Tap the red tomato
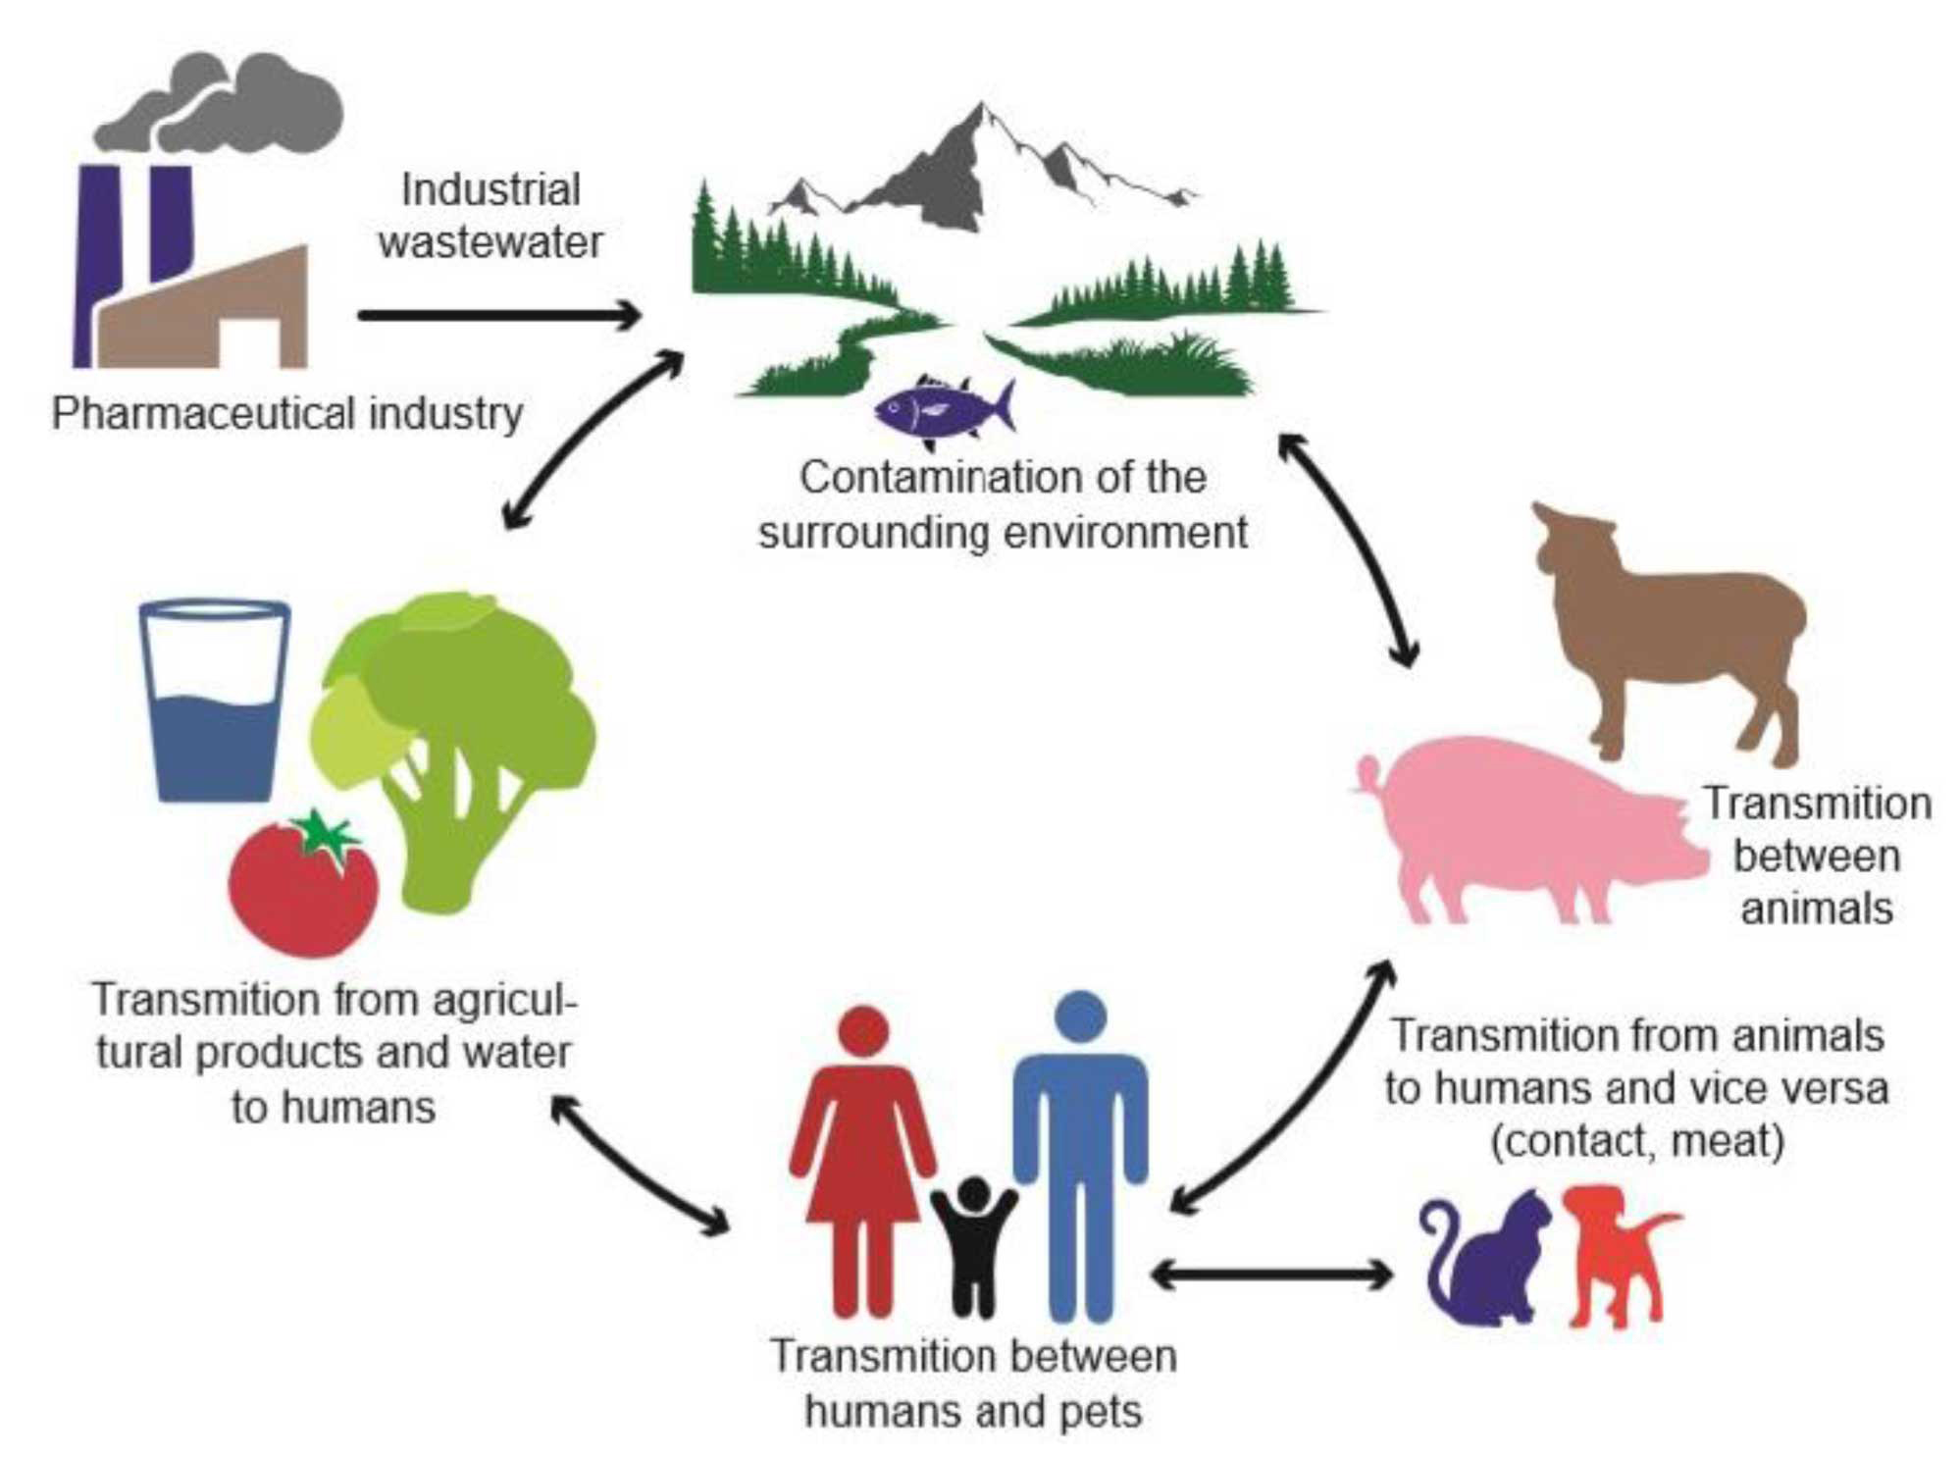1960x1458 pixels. click(x=303, y=884)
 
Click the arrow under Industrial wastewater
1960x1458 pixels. click(x=500, y=315)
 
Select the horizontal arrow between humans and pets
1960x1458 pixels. click(x=1271, y=1276)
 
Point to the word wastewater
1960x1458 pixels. click(x=490, y=242)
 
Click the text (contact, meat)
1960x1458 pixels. click(x=1637, y=1141)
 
